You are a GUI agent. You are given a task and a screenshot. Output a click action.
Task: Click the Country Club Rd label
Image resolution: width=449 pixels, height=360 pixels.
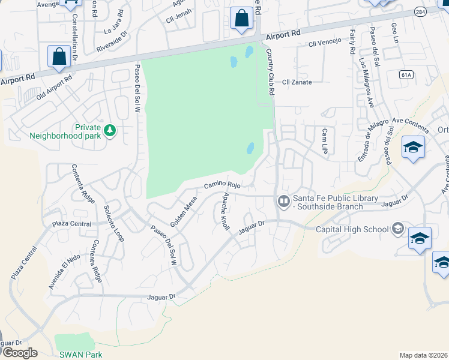click(270, 73)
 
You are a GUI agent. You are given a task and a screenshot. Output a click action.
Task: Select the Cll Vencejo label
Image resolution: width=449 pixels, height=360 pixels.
click(324, 43)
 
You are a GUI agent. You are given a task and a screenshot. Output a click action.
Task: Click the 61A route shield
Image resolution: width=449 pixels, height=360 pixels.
click(406, 74)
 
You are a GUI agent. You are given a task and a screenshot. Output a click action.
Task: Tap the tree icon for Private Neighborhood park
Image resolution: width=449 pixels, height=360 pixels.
click(109, 130)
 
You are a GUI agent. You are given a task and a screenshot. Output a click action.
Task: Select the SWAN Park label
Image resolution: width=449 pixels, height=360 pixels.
click(81, 354)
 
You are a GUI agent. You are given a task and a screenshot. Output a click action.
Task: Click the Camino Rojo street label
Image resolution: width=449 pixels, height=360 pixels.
click(222, 185)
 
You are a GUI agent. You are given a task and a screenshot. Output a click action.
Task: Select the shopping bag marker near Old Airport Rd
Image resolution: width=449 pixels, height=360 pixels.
click(60, 57)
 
